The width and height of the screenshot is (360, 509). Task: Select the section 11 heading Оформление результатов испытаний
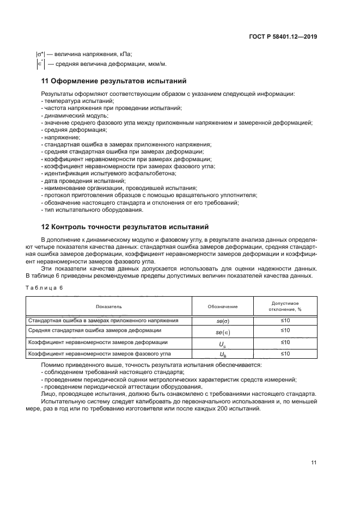coord(114,81)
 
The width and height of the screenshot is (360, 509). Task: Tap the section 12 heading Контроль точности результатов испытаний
coord(125,226)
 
